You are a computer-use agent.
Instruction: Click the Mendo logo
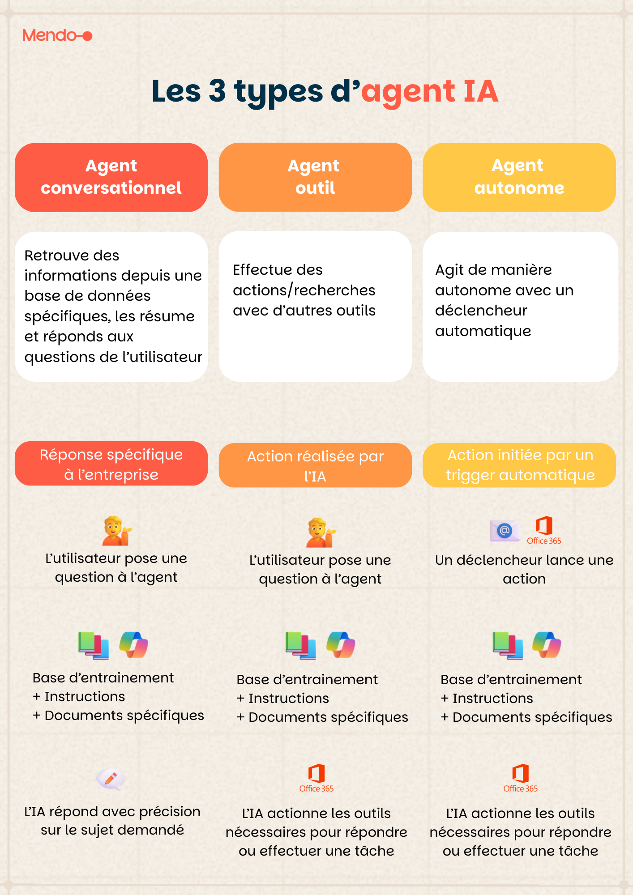point(57,35)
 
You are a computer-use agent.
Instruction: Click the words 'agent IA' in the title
point(429,91)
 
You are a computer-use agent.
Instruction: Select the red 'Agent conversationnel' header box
point(111,177)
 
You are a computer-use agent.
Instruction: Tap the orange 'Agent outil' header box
point(315,177)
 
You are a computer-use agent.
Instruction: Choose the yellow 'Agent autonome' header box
point(519,177)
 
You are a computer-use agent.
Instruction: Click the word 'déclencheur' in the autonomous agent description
point(481,311)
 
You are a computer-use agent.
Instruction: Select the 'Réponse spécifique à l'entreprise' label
point(111,464)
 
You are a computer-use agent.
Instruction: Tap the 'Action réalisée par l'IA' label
point(315,465)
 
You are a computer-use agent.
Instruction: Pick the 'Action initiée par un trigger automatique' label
point(519,465)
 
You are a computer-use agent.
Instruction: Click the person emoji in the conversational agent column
point(116,531)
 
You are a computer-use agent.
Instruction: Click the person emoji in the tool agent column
point(321,533)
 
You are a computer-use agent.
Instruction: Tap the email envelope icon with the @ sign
point(505,531)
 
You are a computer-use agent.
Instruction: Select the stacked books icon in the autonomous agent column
point(508,645)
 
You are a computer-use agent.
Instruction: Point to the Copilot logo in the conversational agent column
point(134,645)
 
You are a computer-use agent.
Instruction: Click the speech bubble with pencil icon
point(111,779)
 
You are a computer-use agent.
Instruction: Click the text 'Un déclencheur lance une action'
point(524,569)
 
